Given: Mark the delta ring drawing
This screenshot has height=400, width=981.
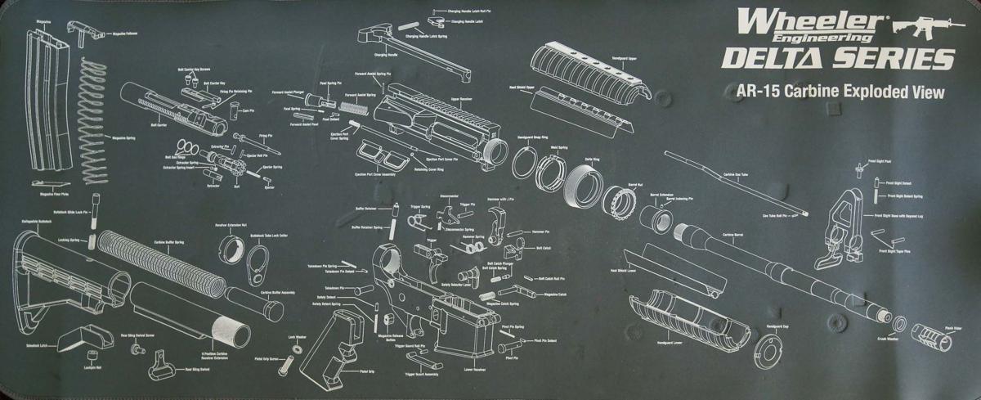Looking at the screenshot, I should pyautogui.click(x=583, y=184).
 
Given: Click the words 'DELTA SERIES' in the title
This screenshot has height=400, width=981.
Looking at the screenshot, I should pyautogui.click(x=835, y=60).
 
